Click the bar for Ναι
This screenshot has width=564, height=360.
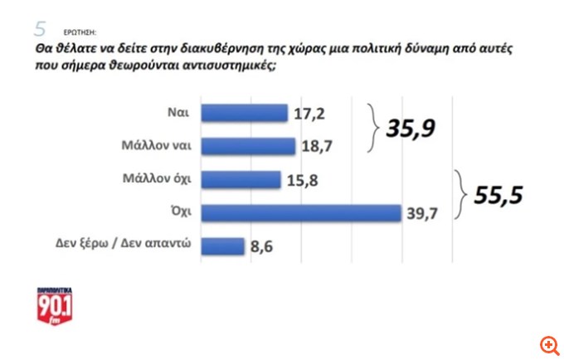245,113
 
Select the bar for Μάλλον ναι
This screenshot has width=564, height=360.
249,146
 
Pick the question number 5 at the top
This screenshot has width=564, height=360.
40,29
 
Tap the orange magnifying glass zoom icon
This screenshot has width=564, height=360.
548,343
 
